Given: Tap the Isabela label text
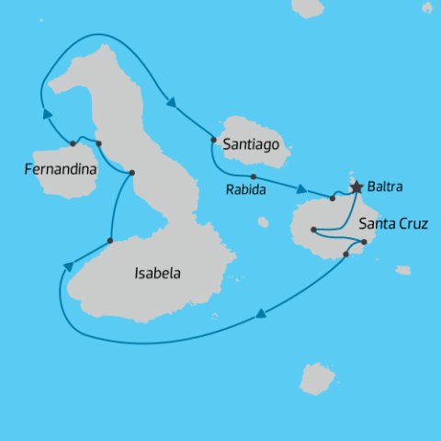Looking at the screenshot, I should [157, 273].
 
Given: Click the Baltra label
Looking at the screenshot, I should [384, 187].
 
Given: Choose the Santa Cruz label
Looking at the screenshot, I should [392, 221].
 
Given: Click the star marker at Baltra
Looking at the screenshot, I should [356, 187].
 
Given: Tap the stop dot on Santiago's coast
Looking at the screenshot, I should [213, 141].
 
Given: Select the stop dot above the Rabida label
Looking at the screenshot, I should [253, 176].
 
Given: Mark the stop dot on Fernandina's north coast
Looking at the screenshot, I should [73, 143].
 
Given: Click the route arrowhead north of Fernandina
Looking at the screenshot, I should [48, 114].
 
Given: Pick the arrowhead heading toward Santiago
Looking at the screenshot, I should [170, 102].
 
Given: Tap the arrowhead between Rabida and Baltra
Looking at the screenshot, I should [301, 189].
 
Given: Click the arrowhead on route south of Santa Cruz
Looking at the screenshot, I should [262, 315].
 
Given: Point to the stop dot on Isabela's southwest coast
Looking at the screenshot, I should [109, 241].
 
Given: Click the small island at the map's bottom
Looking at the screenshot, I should [317, 379].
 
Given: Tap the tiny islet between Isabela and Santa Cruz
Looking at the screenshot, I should [264, 221].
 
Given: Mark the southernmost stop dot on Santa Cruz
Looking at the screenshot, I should [345, 254].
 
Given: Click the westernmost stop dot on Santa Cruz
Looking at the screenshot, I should [314, 230].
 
